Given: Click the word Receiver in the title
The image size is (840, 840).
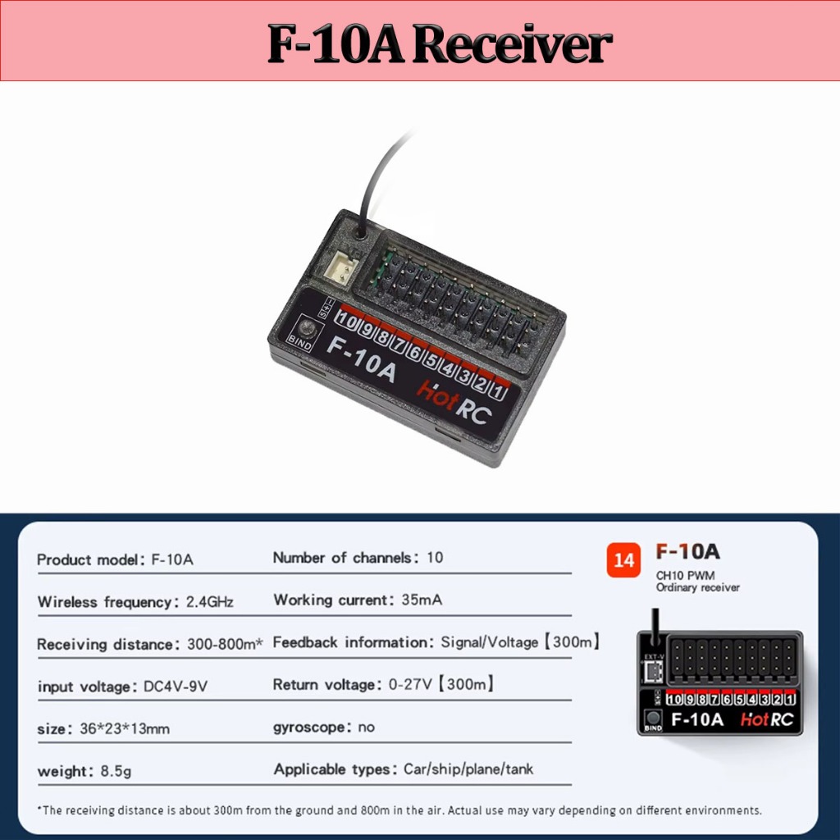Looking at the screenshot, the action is pos(512,43).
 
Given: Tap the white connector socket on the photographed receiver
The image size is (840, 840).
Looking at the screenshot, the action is pos(340,267).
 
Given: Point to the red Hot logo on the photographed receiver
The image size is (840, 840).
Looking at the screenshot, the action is pos(437,395).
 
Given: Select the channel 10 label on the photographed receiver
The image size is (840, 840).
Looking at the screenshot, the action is pos(346,322).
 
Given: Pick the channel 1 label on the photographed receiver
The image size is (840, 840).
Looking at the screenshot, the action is pos(498,391).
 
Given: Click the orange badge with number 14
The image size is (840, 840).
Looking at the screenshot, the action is pos(623,559).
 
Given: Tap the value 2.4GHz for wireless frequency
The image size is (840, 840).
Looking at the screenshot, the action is pos(209,602).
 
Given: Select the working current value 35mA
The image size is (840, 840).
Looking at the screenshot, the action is pos(422,600).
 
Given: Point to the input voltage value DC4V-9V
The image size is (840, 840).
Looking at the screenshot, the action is pos(176,687).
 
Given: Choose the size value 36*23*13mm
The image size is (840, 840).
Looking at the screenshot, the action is pos(125,728).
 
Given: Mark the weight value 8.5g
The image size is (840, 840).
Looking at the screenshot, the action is pos(116,771).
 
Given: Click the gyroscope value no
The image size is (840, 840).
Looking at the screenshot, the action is pos(367,727).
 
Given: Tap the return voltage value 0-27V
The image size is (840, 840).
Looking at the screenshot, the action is pos(410,684).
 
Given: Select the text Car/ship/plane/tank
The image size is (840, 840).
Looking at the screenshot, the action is pos(468,769).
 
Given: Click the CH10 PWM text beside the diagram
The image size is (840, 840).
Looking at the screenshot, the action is pos(685,576).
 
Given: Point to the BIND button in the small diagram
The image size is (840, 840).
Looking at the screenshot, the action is pos(652,718).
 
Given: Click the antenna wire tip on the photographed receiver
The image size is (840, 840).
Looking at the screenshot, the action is pos(413,130).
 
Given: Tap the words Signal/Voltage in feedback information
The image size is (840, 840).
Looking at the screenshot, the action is pos(489,641).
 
